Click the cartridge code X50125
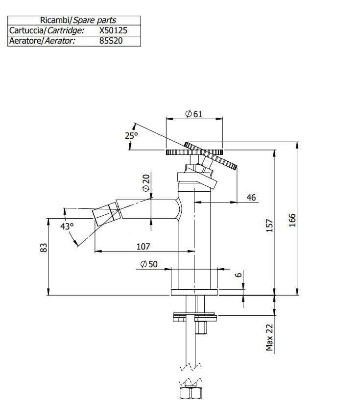[113, 30]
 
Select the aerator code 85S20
[111, 41]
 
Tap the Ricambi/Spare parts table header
[74, 21]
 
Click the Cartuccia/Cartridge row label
[47, 30]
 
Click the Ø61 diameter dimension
[194, 114]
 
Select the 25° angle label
[131, 135]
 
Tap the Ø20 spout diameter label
[145, 183]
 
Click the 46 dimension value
[251, 198]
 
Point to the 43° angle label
[67, 227]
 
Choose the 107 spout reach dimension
[143, 247]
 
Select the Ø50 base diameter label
[149, 264]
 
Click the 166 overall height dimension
[292, 220]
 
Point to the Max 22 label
[269, 336]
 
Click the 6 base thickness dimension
[238, 275]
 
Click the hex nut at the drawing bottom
[189, 393]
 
